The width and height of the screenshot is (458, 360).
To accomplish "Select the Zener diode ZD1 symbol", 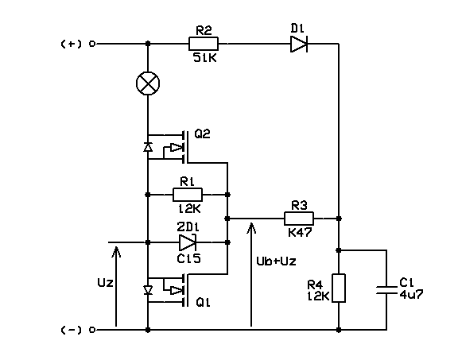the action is [187, 242].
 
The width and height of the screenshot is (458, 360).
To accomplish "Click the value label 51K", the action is [205, 58].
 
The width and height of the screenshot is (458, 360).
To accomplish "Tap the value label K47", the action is [300, 232].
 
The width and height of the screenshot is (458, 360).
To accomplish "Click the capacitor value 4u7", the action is [411, 294].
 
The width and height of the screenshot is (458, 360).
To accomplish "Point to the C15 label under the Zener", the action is [188, 258].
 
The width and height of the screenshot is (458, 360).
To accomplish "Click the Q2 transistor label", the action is [203, 134].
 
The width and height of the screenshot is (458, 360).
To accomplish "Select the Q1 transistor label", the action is [203, 303].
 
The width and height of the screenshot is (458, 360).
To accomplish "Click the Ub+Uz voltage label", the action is [276, 261].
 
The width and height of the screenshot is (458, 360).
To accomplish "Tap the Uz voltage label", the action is [105, 283].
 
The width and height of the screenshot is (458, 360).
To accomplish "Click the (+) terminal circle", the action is [92, 44].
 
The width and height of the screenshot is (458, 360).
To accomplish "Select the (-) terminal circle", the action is [92, 330].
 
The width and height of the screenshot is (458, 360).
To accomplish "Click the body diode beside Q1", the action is [148, 290].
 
